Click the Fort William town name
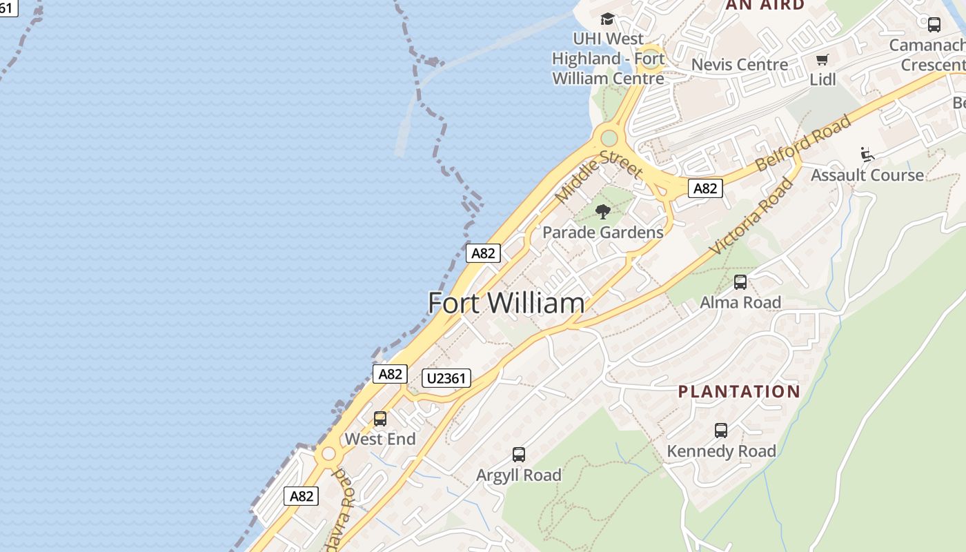click(506, 304)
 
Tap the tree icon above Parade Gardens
click(603, 212)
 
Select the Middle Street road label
click(599, 176)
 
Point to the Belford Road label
click(804, 144)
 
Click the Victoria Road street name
click(752, 216)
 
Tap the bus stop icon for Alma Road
click(740, 282)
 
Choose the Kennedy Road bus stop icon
click(721, 431)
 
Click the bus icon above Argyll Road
click(519, 455)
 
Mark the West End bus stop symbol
click(380, 418)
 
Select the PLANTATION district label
click(739, 392)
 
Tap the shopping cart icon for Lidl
click(822, 60)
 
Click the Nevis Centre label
click(739, 65)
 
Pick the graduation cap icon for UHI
click(607, 19)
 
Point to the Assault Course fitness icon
click(867, 154)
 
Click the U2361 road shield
click(446, 378)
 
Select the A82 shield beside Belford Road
click(705, 188)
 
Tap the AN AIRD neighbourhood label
click(765, 5)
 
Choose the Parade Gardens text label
click(603, 233)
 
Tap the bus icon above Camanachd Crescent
click(934, 25)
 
